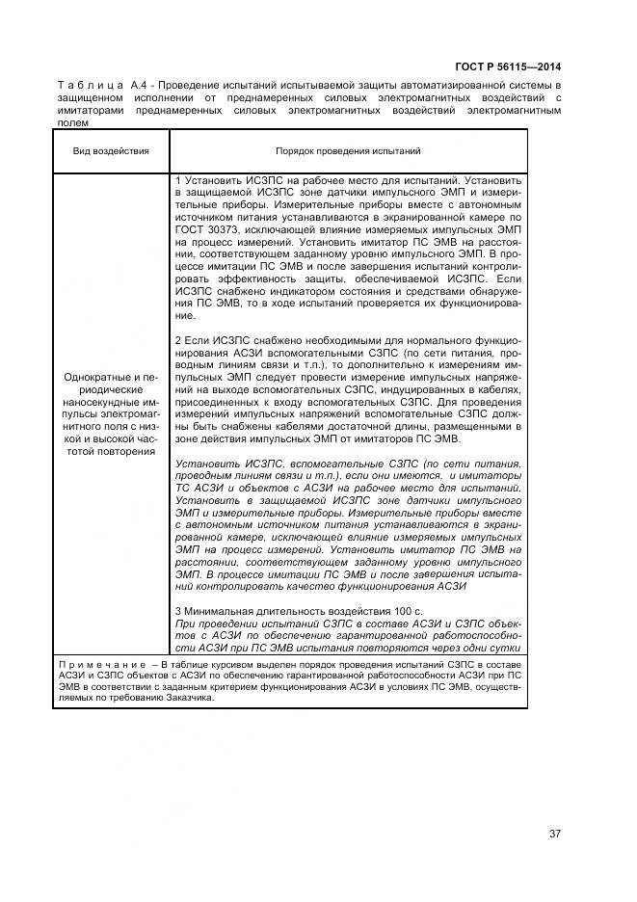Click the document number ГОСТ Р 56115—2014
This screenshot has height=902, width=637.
(509, 67)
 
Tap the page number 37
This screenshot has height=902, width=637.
(555, 834)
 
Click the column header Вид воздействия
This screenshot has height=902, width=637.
(111, 151)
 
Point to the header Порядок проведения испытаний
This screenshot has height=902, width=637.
(348, 151)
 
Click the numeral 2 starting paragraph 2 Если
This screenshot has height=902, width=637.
(179, 340)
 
